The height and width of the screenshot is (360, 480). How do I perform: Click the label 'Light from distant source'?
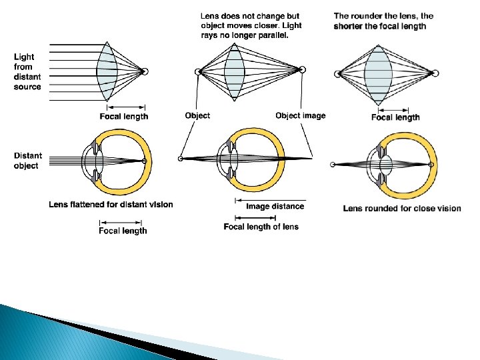27,72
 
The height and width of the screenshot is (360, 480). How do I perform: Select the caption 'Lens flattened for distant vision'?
111,204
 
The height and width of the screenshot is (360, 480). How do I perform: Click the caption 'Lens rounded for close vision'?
402,208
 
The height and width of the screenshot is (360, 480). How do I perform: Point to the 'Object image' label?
301,115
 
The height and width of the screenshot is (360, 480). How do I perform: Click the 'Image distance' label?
275,206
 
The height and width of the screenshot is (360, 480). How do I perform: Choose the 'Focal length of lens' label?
261,227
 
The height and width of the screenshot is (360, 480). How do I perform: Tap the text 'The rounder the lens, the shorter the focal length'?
383,21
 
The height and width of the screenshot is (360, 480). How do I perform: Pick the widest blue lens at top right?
379,73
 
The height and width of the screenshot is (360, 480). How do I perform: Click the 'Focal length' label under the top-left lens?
124,116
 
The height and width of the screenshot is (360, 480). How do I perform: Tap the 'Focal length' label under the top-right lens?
395,117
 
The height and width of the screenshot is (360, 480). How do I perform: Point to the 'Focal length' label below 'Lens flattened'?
123,231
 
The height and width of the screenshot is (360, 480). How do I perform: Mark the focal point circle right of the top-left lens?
145,71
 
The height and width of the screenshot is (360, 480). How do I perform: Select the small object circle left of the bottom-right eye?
333,164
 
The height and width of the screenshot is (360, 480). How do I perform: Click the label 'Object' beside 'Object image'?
197,115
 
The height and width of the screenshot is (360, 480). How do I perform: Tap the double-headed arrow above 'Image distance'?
270,199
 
